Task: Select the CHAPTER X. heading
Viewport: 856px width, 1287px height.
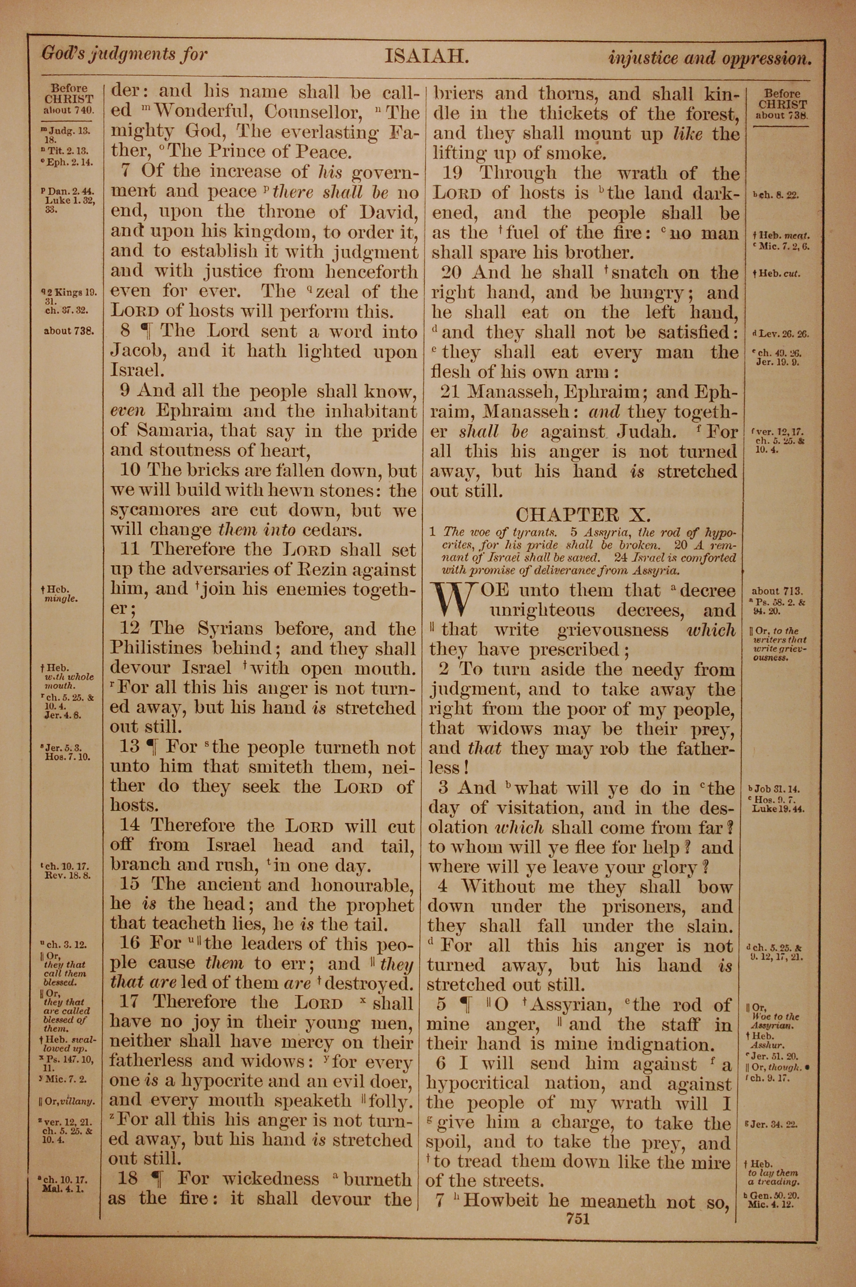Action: point(583,514)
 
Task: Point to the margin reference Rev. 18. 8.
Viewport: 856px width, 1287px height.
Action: point(68,875)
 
